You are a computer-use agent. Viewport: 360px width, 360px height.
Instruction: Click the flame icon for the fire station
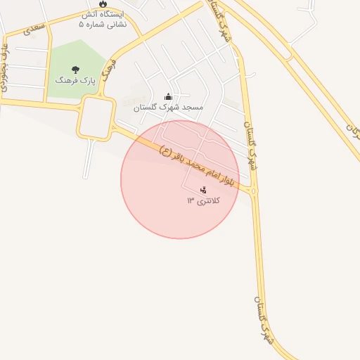click(x=104, y=4)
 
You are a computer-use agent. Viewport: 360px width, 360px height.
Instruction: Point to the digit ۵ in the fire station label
click(x=81, y=24)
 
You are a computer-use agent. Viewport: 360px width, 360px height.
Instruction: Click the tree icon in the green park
click(x=76, y=69)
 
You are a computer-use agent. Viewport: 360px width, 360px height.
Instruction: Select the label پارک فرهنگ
click(x=76, y=81)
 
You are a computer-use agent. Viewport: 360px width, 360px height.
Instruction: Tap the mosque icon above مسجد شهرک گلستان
click(x=168, y=96)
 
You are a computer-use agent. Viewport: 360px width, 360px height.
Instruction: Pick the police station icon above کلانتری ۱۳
click(x=203, y=189)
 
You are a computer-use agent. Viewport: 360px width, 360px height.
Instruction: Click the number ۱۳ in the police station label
click(x=191, y=201)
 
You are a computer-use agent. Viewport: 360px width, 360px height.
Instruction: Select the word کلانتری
click(x=209, y=201)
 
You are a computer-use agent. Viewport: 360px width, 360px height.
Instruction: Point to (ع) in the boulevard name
click(x=165, y=150)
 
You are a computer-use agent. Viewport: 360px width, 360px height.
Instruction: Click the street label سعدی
click(x=32, y=29)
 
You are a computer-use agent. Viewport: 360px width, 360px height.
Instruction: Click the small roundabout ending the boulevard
click(x=253, y=191)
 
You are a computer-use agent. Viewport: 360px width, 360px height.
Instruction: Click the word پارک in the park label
click(x=87, y=81)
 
